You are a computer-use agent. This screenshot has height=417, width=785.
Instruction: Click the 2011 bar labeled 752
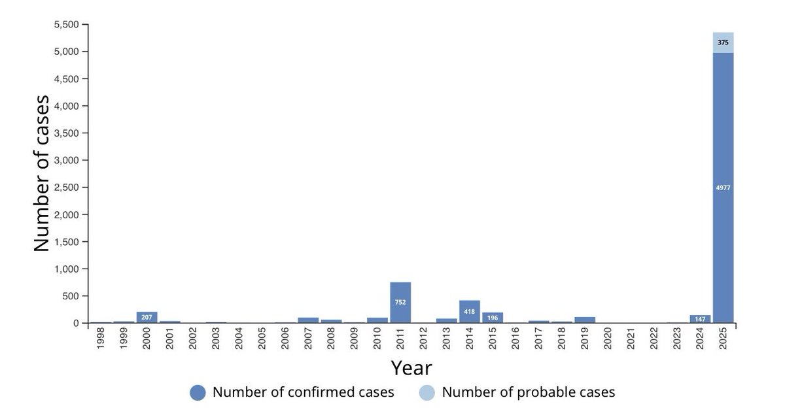click(400, 303)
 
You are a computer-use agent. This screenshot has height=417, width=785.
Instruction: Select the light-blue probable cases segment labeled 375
click(723, 42)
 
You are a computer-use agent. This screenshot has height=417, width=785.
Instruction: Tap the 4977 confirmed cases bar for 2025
click(723, 188)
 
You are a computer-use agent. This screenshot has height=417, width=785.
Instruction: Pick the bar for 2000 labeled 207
click(147, 317)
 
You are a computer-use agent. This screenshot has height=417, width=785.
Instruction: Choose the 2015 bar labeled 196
click(493, 318)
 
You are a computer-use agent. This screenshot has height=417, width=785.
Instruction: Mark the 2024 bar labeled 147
click(700, 319)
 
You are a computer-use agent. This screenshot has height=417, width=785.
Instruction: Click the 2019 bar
click(585, 320)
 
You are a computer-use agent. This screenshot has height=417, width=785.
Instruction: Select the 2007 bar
click(308, 320)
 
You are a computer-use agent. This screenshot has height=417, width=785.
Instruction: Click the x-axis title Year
click(411, 368)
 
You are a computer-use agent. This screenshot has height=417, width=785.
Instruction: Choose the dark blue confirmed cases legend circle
click(198, 392)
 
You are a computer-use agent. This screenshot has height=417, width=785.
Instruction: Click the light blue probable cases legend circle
click(427, 392)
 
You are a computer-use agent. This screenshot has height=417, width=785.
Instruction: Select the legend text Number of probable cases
click(529, 392)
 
